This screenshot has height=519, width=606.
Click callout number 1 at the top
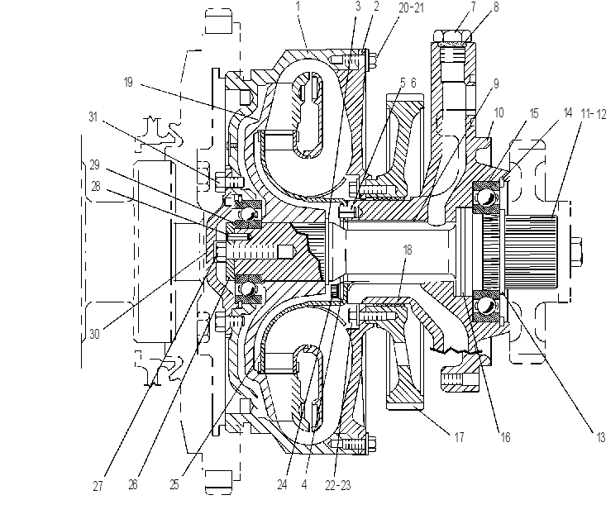click(298, 7)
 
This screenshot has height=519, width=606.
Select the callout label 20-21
click(411, 7)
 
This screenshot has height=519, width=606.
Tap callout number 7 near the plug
click(473, 7)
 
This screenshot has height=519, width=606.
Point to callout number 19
click(128, 83)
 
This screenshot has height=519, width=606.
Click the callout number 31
click(93, 117)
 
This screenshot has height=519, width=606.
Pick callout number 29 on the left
click(95, 165)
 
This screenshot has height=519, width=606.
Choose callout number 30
click(95, 334)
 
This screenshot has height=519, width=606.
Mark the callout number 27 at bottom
click(98, 486)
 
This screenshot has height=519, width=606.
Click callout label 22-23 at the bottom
click(338, 485)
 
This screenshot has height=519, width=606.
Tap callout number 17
click(459, 437)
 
